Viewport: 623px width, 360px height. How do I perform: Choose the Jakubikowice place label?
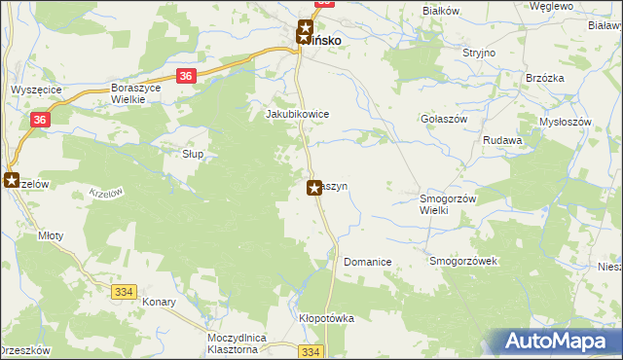298,114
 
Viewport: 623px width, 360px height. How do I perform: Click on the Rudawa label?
503,140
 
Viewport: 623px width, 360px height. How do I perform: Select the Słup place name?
194,154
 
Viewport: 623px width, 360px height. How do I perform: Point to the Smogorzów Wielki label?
446,204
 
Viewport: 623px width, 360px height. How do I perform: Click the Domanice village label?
367,262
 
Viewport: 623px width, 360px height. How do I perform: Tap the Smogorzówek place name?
463,262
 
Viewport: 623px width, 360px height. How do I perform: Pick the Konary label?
157,302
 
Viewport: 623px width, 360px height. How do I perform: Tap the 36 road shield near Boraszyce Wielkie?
187,76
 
